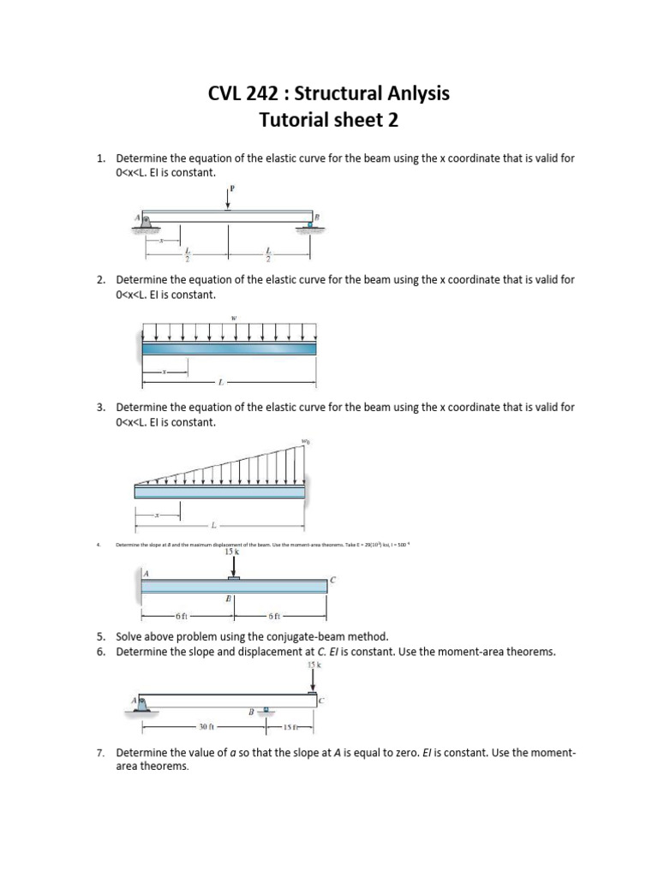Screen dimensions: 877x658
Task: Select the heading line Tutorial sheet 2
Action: coord(329,121)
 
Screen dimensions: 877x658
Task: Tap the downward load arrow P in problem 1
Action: coord(228,200)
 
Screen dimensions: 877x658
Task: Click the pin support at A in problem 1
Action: coord(147,222)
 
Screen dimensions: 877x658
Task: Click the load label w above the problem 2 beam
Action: coord(233,318)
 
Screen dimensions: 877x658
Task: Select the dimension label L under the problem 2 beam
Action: coord(220,382)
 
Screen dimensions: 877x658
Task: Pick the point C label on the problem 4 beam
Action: coord(333,580)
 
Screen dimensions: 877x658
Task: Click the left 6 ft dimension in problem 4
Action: coord(180,616)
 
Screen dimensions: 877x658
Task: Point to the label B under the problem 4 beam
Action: coord(229,600)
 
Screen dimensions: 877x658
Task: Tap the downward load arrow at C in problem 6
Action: coord(314,679)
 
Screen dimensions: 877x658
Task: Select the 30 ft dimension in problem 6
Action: coord(205,727)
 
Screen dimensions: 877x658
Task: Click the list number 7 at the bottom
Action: coord(100,753)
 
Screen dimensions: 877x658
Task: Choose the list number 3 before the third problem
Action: coord(100,408)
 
